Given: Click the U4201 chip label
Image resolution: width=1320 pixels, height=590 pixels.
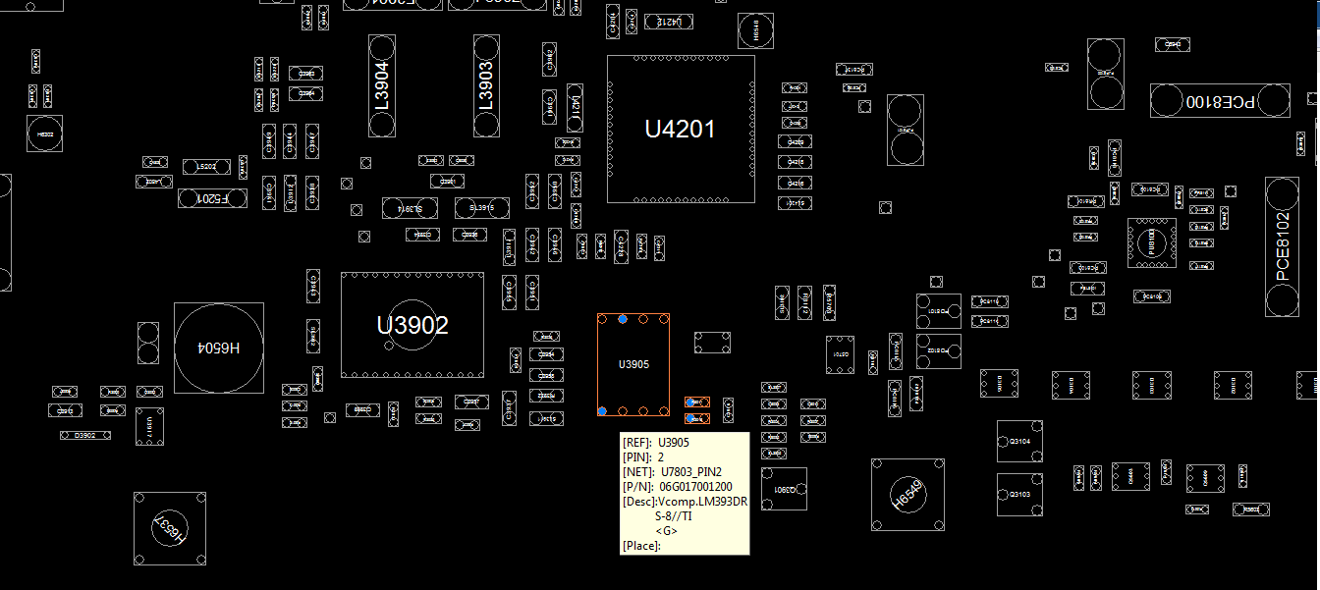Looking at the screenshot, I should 680,130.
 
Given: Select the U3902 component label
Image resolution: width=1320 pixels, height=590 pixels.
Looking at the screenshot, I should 412,325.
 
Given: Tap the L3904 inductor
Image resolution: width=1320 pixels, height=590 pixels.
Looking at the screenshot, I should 382,86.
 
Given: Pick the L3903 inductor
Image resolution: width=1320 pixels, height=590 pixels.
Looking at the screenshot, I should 486,86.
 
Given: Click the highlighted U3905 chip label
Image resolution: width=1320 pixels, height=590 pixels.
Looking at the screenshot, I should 633,364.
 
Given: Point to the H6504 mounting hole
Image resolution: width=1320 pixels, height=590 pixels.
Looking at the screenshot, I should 219,348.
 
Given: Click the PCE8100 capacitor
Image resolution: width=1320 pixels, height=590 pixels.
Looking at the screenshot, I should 1220,101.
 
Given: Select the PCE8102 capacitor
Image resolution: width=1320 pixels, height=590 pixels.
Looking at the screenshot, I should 1282,246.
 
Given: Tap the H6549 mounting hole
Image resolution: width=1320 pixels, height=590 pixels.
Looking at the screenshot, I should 907,495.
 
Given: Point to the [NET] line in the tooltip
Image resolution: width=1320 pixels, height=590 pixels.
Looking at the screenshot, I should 679,472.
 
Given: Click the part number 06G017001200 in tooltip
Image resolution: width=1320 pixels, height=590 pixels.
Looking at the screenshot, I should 695,487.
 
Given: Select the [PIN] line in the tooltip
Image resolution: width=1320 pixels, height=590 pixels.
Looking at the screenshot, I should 644,457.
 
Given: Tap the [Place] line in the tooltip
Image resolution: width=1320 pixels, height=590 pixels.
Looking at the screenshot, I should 641,546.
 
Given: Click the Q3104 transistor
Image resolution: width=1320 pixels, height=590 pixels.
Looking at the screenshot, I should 1019,442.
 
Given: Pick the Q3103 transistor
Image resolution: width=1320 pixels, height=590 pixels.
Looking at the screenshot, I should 1019,495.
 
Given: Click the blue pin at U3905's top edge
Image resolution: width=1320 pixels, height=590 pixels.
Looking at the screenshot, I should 623,319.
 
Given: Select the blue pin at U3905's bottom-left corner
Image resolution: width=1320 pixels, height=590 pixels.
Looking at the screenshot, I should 602,410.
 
